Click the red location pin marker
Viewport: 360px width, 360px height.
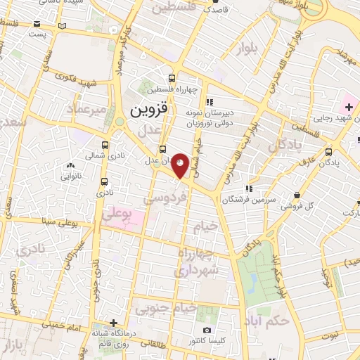pyautogui.click(x=181, y=165)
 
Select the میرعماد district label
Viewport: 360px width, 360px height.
pyautogui.click(x=86, y=110)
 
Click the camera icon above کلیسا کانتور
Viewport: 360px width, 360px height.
pyautogui.click(x=207, y=330)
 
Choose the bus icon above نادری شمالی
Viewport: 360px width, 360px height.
pyautogui.click(x=104, y=143)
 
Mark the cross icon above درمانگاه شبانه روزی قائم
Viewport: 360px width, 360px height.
pyautogui.click(x=104, y=322)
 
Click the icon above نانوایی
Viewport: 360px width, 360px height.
pyautogui.click(x=69, y=166)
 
